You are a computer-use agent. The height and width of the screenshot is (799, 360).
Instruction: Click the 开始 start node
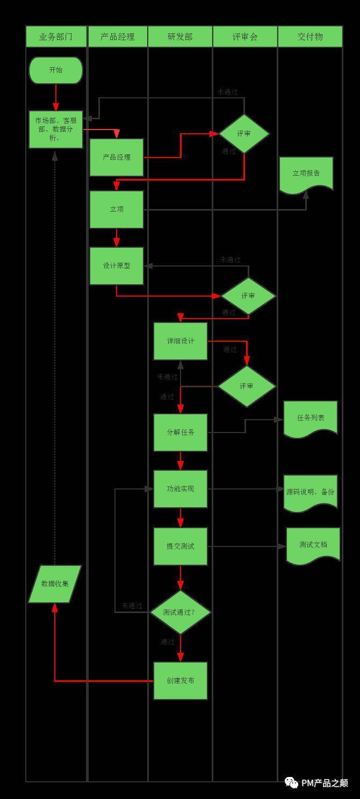tap(56, 70)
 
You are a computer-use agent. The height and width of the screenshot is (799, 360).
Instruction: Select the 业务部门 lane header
tap(56, 37)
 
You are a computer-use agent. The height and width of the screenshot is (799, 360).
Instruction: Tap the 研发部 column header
tap(180, 37)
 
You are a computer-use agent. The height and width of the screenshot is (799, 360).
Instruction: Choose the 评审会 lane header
tap(245, 37)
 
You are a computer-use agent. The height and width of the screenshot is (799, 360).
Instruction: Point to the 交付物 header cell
tap(310, 37)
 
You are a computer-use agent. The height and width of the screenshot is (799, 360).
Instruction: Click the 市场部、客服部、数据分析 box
tap(56, 129)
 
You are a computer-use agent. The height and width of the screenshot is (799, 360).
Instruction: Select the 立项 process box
tap(117, 209)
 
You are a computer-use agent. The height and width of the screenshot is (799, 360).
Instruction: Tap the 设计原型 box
tap(117, 265)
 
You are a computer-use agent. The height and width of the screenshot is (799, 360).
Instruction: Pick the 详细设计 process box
tap(181, 341)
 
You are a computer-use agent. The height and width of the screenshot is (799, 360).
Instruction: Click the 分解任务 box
tap(181, 432)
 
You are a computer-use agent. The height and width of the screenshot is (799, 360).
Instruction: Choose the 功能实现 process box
tap(181, 489)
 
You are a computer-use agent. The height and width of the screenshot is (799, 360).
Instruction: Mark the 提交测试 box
tap(181, 546)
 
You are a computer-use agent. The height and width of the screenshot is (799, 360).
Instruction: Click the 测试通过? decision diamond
tap(180, 612)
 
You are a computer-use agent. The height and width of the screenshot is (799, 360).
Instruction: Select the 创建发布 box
tap(181, 681)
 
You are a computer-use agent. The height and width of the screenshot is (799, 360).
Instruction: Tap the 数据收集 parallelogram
tap(55, 584)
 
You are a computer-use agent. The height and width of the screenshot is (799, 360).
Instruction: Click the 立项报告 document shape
tap(306, 174)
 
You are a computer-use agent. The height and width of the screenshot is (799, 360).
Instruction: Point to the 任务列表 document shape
tap(311, 418)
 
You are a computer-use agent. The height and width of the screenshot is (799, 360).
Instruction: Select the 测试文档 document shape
tap(313, 545)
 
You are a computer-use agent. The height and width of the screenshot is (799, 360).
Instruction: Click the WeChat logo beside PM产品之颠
tap(291, 782)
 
